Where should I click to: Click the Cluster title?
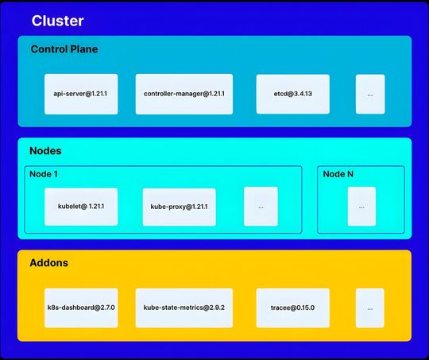point(57,19)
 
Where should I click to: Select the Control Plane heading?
point(64,49)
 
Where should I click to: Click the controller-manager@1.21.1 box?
point(184,94)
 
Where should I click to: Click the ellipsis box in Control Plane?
point(370,94)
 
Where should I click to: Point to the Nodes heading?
point(45,151)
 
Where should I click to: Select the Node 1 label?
point(44,174)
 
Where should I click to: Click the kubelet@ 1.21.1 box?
point(81,207)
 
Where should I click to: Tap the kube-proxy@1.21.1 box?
point(179,207)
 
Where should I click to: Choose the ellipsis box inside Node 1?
point(261,207)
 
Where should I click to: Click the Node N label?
point(338,174)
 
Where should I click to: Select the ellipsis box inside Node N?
point(361,207)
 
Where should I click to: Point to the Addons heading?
point(49,262)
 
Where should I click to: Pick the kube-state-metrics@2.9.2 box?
point(184,308)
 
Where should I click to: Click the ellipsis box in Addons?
point(370,308)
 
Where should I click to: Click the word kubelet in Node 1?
point(70,207)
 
